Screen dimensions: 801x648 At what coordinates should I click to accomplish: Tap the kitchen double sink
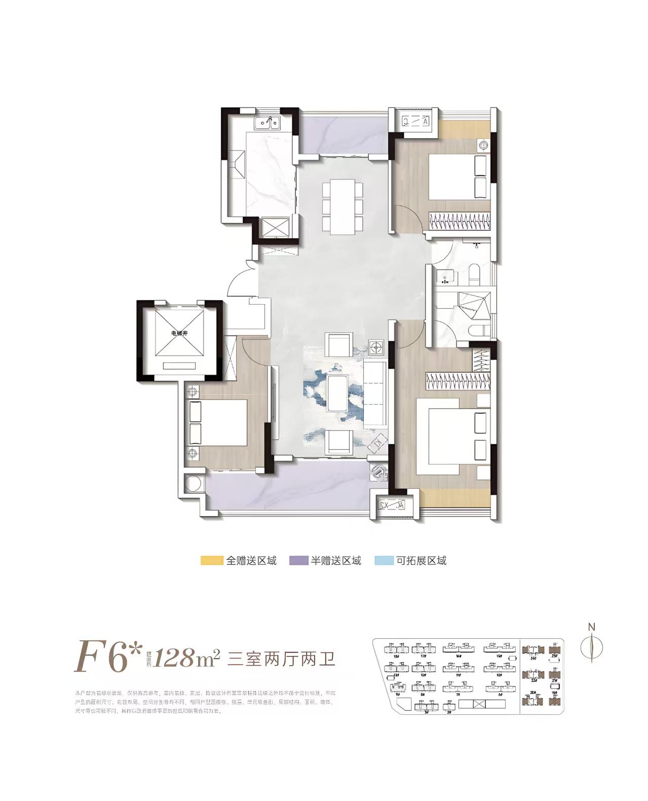pos(267,122)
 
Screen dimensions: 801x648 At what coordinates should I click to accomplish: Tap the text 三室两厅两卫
pos(282,659)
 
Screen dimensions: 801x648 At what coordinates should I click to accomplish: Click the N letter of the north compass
pos(591,627)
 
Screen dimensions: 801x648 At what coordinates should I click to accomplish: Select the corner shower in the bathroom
pos(475,308)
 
